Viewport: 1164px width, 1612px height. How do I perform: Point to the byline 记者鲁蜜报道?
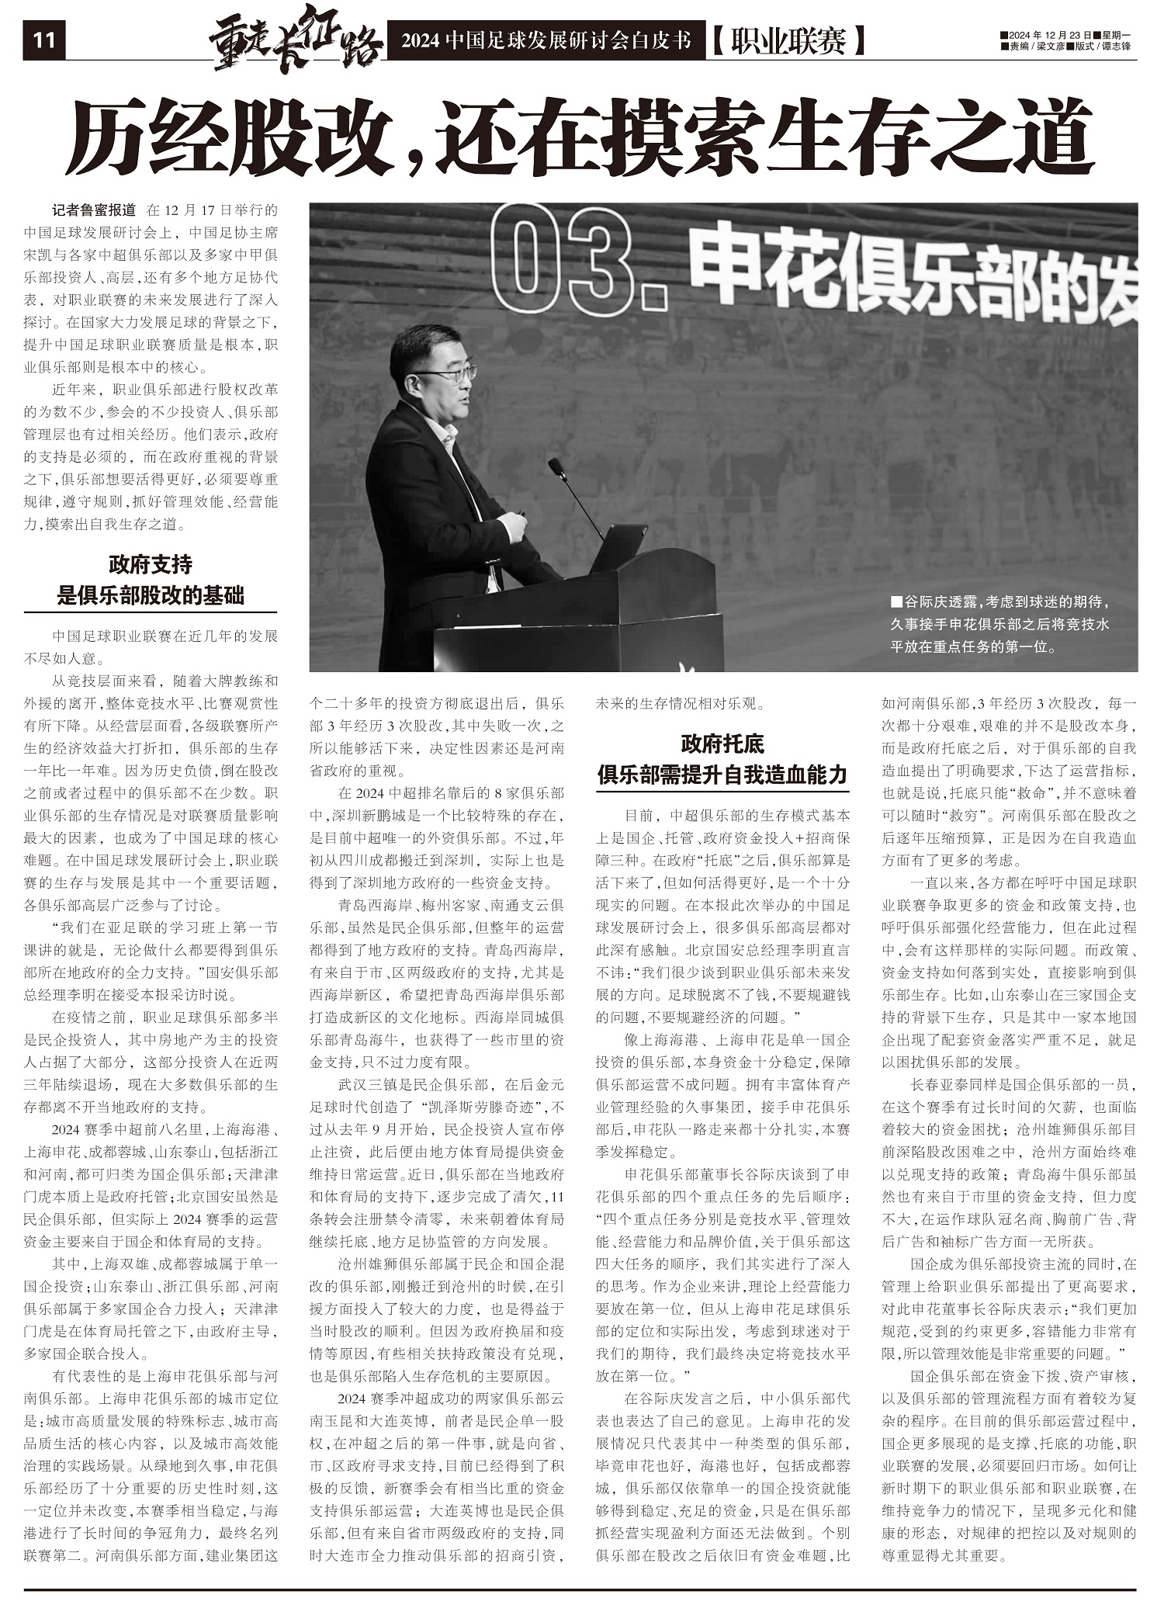[94, 210]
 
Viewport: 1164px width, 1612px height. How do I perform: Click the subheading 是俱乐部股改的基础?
[151, 595]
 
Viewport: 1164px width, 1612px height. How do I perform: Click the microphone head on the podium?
[556, 466]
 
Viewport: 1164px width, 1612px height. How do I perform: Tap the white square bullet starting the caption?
[896, 601]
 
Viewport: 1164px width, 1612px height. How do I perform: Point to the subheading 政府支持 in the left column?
[151, 564]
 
